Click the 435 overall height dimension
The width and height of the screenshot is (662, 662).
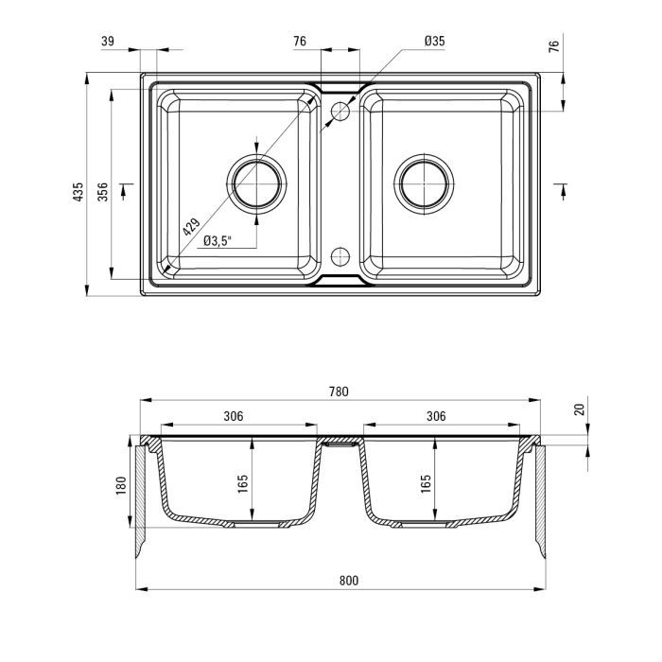78,192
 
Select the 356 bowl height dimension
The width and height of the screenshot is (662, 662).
102,192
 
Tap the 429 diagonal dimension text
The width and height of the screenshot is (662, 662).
191,227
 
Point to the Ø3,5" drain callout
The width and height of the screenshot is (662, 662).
218,241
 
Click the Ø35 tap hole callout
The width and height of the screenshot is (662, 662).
435,41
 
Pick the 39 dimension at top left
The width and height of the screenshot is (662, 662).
108,41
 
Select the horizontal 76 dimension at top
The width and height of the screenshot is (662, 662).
300,41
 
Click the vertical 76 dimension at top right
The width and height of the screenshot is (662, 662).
554,45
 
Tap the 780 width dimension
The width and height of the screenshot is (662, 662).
339,392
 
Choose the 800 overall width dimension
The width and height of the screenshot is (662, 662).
349,581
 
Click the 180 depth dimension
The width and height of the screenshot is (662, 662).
121,486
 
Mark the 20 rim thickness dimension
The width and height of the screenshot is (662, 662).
580,409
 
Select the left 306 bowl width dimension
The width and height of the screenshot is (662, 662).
234,416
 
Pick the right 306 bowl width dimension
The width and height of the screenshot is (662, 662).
436,416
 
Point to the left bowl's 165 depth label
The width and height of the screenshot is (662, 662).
242,484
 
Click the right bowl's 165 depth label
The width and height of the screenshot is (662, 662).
426,484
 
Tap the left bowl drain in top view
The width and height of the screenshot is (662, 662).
256,184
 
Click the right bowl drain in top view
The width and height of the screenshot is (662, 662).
424,184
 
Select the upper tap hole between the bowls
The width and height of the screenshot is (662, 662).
340,111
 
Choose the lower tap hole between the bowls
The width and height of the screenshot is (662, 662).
340,256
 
